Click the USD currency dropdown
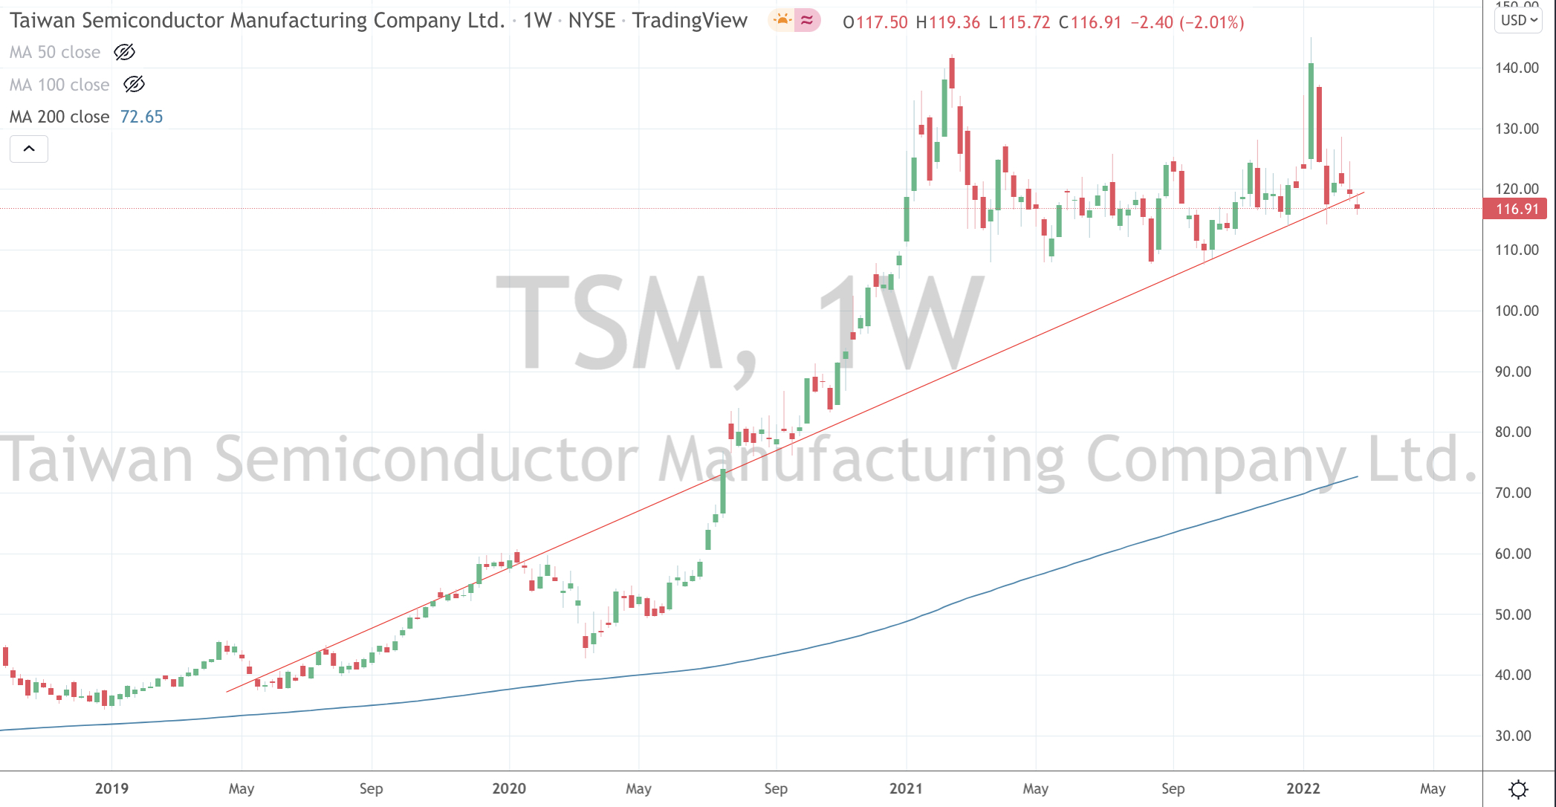coord(1518,20)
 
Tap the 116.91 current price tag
coord(1515,209)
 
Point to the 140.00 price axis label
coord(1517,68)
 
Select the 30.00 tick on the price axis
coord(1513,736)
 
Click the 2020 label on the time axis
coord(509,788)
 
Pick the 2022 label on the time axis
coord(1303,788)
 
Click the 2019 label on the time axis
coord(111,788)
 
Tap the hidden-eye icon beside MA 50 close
coord(124,52)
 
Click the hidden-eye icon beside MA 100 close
coord(134,85)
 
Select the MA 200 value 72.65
coord(141,117)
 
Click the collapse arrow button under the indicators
coord(29,149)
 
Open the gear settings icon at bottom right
coord(1519,788)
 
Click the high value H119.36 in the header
coord(948,22)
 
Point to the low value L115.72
coord(1019,22)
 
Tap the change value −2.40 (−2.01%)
coord(1187,22)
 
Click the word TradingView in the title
coord(690,21)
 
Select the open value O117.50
coord(875,22)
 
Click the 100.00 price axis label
coord(1517,311)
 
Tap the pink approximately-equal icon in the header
coord(806,20)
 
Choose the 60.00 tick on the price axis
coord(1513,554)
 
